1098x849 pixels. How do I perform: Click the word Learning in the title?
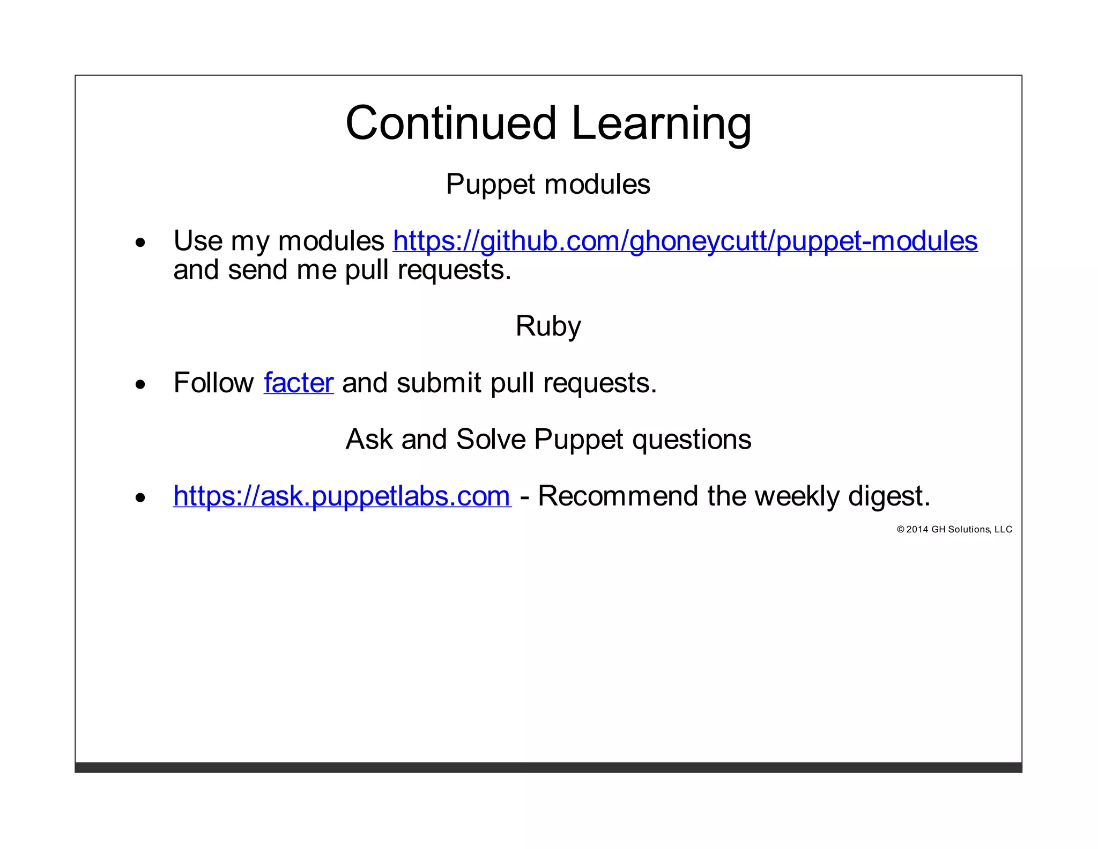661,125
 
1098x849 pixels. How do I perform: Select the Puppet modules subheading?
548,185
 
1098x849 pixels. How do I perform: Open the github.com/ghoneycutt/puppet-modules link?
685,241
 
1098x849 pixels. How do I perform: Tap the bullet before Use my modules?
140,243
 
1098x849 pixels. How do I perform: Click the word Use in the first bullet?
198,241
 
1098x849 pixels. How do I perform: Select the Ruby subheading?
548,326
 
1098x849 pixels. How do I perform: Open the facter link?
299,383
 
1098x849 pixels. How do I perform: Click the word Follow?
213,383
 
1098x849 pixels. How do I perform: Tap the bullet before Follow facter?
140,385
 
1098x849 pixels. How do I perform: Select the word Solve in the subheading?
491,440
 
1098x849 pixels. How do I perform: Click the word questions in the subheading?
692,440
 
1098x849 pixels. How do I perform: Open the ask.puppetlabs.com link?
342,496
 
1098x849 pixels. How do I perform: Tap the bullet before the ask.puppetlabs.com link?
140,498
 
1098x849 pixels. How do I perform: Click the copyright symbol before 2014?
901,530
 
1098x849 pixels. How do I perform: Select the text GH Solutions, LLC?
971,530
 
